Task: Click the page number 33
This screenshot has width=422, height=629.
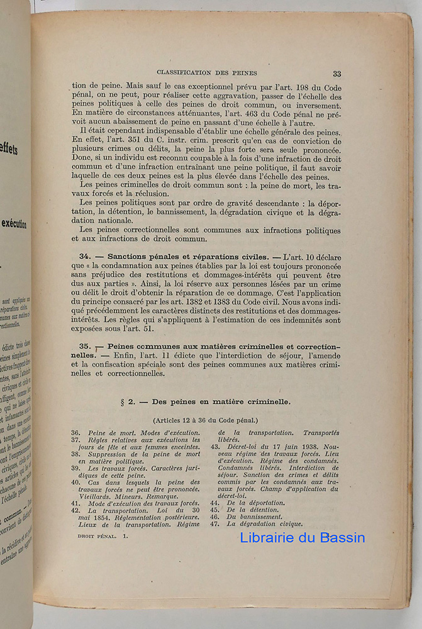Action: pos(337,73)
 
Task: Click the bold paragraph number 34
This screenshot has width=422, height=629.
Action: pos(86,257)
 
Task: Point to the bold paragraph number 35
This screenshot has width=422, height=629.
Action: pos(86,347)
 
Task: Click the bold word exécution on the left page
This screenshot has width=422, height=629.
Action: pos(14,224)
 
